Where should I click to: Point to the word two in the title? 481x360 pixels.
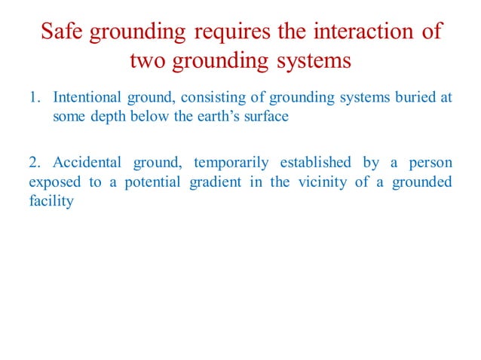[x=147, y=60]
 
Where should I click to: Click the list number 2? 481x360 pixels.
[x=35, y=163]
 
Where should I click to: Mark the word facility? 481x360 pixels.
[x=51, y=202]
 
